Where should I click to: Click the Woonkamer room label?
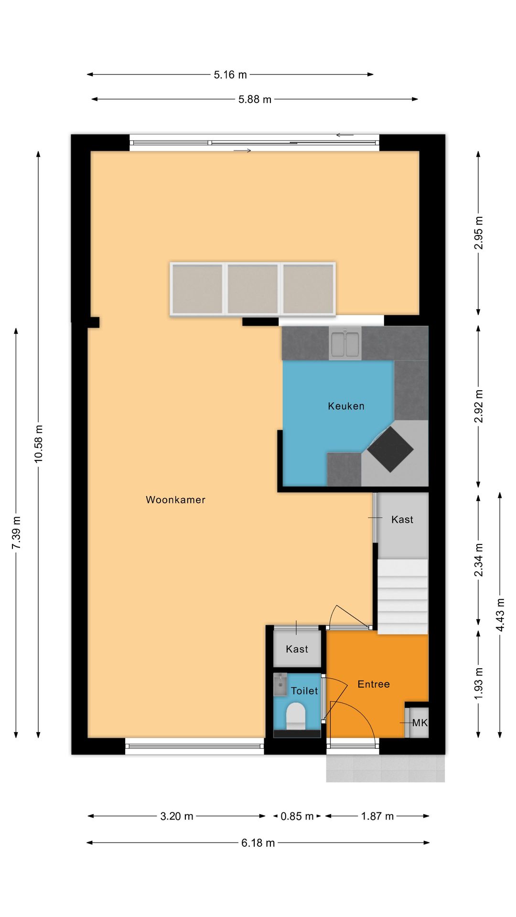coord(175,500)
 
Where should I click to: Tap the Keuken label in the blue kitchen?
coord(346,406)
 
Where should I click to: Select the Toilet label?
coord(304,691)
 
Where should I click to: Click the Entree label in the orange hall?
coord(374,684)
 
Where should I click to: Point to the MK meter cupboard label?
coord(420,723)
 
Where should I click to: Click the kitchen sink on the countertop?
coord(345,343)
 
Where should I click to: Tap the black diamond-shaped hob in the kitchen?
coord(390,449)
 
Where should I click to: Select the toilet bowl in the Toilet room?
coord(296,715)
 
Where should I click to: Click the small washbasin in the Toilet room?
coord(280,685)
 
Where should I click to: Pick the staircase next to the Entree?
coord(403,597)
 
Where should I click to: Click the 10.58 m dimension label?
coord(39,444)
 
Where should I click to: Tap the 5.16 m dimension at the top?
coord(230,75)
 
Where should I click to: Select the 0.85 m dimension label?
coord(297,816)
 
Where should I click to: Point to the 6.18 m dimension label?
coord(258,843)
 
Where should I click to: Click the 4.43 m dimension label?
coord(500,615)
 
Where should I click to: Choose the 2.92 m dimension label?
coord(478,406)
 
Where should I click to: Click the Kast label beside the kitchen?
coord(402,520)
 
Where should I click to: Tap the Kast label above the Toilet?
coord(297,649)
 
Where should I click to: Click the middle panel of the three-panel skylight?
coord(253,289)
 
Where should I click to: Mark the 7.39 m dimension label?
coord(16,533)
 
